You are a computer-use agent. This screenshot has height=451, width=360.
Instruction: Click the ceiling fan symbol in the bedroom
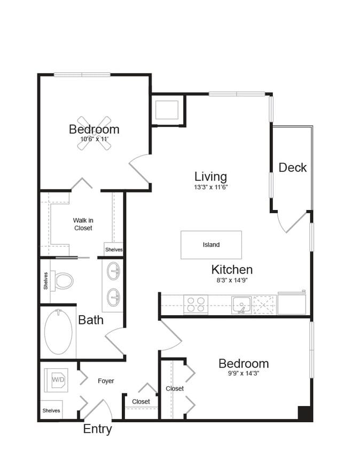pyautogui.click(x=94, y=133)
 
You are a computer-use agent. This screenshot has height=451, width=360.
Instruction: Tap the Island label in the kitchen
pyautogui.click(x=211, y=245)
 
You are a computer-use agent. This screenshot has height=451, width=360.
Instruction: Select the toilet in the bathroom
pyautogui.click(x=64, y=280)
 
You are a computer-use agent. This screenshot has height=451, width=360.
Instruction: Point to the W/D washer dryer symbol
pyautogui.click(x=57, y=380)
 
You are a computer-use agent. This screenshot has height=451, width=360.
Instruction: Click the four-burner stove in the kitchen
pyautogui.click(x=195, y=305)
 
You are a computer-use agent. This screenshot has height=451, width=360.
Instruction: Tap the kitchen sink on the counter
pyautogui.click(x=241, y=305)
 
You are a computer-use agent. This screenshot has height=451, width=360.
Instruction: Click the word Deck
pyautogui.click(x=293, y=167)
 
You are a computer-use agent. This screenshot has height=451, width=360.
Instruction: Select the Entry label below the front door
pyautogui.click(x=97, y=429)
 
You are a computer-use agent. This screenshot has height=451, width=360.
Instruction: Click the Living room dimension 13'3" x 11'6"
pyautogui.click(x=210, y=188)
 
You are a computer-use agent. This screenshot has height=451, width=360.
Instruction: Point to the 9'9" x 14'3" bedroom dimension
pyautogui.click(x=244, y=374)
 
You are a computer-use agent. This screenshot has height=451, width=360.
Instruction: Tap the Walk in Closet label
pyautogui.click(x=83, y=224)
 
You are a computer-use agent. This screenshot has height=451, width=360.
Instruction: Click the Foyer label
pyautogui.click(x=106, y=381)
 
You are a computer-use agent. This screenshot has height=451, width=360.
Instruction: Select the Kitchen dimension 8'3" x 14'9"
pyautogui.click(x=232, y=279)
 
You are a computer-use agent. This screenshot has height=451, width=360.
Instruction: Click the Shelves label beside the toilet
pyautogui.click(x=46, y=281)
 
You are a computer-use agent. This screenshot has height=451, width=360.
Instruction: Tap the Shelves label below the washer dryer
pyautogui.click(x=51, y=410)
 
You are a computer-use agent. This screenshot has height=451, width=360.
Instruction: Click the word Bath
pyautogui.click(x=91, y=320)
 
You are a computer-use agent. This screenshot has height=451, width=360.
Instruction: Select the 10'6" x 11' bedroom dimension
pyautogui.click(x=93, y=139)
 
